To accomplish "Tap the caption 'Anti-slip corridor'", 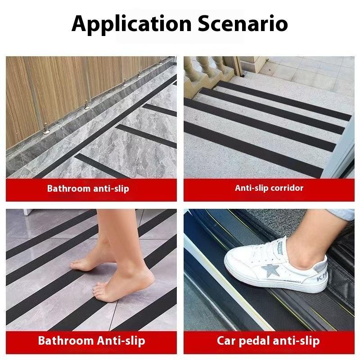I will click(269, 188).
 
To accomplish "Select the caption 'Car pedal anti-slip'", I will click(268, 340).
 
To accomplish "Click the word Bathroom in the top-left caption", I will click(68, 189).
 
